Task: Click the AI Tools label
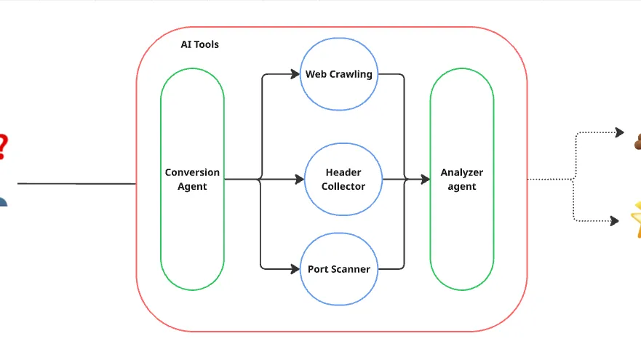tap(199, 44)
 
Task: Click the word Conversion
tap(192, 172)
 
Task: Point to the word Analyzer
tap(462, 172)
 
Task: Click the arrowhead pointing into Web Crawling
tap(295, 74)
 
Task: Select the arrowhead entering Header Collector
tap(300, 179)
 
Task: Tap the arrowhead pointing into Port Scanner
tap(295, 269)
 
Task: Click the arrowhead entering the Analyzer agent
tap(426, 179)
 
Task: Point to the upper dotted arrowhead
tap(620, 132)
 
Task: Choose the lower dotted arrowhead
tap(614, 220)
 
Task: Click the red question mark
tap(3, 147)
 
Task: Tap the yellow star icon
tap(636, 219)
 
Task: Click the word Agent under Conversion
tap(192, 187)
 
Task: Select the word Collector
tap(343, 186)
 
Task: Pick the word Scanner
tap(349, 269)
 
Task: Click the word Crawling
tap(351, 74)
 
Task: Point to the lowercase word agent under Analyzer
tap(462, 187)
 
